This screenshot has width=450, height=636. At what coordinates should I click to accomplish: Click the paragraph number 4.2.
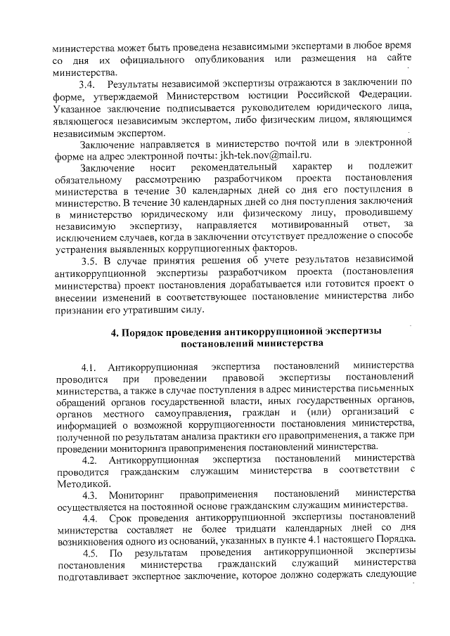tap(89, 460)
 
